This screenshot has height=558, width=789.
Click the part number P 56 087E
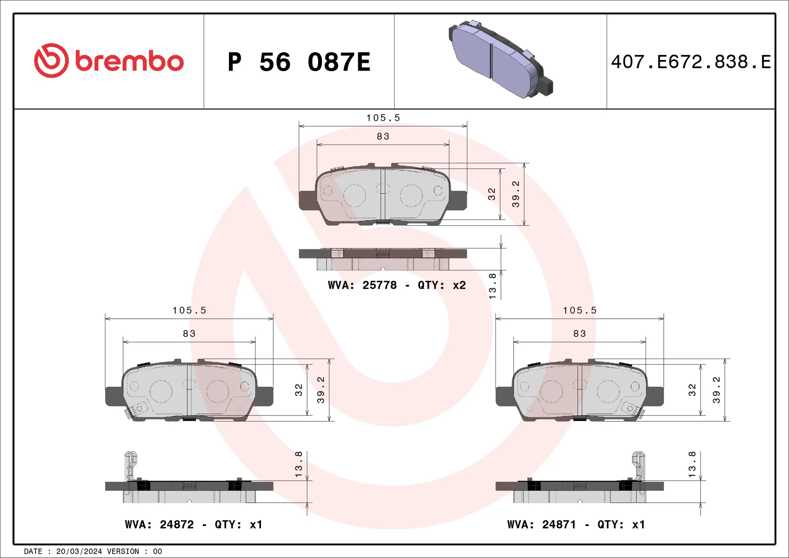click(299, 62)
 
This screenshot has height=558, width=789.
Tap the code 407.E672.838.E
click(691, 62)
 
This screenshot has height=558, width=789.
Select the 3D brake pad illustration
click(501, 60)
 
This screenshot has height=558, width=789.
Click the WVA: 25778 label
click(362, 285)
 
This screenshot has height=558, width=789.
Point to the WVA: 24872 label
click(159, 524)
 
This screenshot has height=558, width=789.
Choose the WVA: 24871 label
click(542, 524)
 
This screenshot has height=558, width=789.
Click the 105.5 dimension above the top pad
click(383, 118)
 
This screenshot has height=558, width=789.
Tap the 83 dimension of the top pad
click(383, 136)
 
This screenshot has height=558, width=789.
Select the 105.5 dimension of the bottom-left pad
click(189, 311)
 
